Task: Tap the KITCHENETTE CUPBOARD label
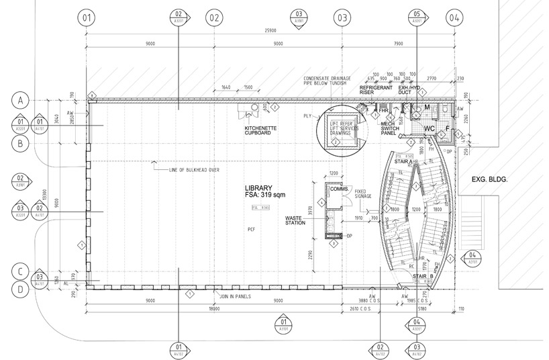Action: [257, 130]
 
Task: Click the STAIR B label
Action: [421, 276]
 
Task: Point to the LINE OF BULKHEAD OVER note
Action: [197, 171]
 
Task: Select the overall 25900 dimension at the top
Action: [272, 31]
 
